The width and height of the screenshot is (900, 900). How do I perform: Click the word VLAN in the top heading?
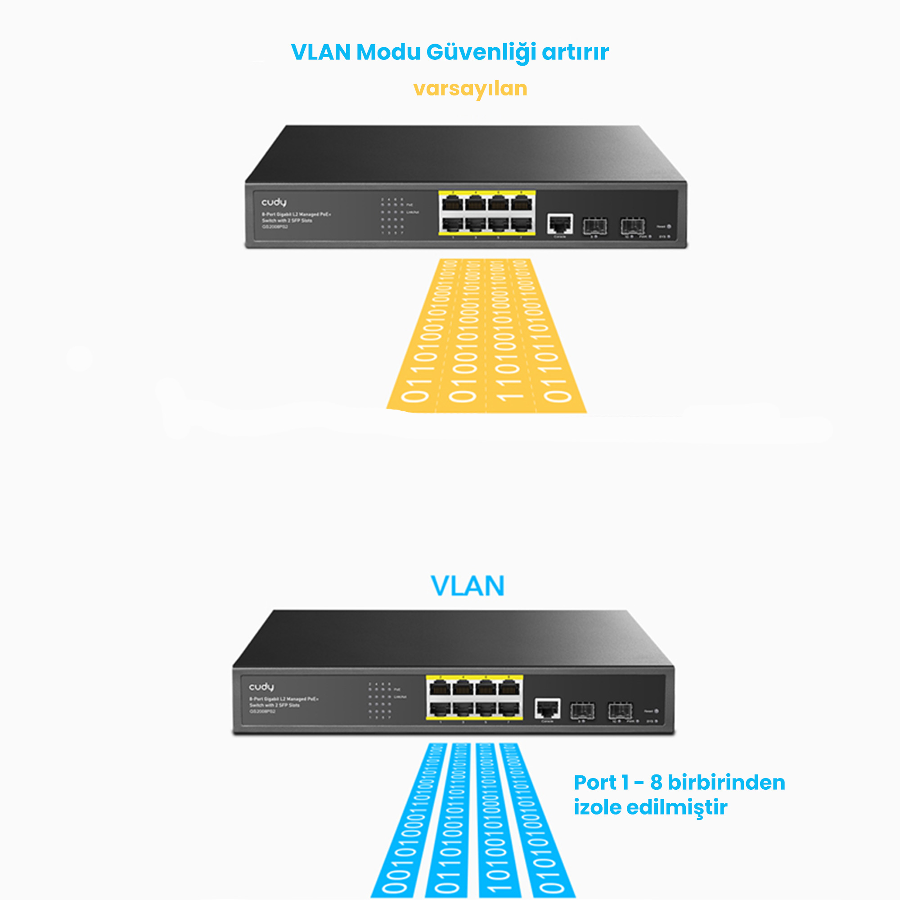click(320, 52)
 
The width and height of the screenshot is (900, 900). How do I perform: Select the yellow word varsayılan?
click(470, 88)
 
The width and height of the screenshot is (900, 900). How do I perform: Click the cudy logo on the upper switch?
click(274, 202)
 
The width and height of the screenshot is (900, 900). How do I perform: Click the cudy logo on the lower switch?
click(261, 687)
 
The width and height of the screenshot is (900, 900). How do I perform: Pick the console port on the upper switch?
click(560, 224)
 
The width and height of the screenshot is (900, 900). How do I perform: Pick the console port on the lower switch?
click(547, 709)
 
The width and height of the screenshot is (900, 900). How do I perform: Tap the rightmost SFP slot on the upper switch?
click(633, 226)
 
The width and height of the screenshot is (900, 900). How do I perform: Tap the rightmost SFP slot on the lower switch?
click(620, 711)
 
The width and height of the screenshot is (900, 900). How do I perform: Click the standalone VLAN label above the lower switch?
click(467, 585)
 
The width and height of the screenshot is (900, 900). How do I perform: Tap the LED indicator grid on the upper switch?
click(392, 215)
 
